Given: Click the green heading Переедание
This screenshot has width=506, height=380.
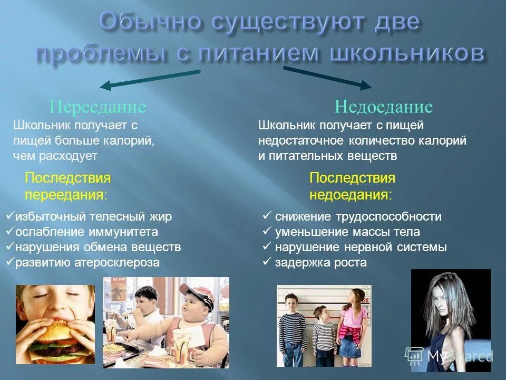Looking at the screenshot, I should [98, 107].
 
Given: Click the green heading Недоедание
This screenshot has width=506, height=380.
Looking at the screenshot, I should [383, 107].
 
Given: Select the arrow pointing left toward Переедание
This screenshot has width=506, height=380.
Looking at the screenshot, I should [150, 78].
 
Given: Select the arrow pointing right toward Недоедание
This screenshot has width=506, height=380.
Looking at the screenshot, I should [327, 77].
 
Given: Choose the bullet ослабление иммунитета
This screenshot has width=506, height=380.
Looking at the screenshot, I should [86, 232].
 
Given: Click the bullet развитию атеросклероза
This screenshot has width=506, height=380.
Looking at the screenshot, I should [87, 262].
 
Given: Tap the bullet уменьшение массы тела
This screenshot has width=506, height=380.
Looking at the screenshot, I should [347, 232].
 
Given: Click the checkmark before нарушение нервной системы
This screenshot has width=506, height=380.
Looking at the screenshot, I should [267, 246].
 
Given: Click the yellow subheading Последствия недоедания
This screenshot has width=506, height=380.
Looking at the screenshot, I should [352, 186].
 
